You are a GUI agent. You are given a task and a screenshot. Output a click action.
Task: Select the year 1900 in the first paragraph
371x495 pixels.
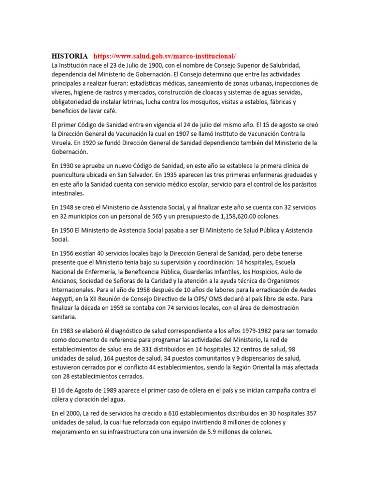(x=143, y=65)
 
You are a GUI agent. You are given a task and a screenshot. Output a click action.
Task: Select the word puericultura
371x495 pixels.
(x=71, y=175)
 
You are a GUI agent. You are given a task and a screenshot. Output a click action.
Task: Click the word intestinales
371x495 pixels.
(x=68, y=193)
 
